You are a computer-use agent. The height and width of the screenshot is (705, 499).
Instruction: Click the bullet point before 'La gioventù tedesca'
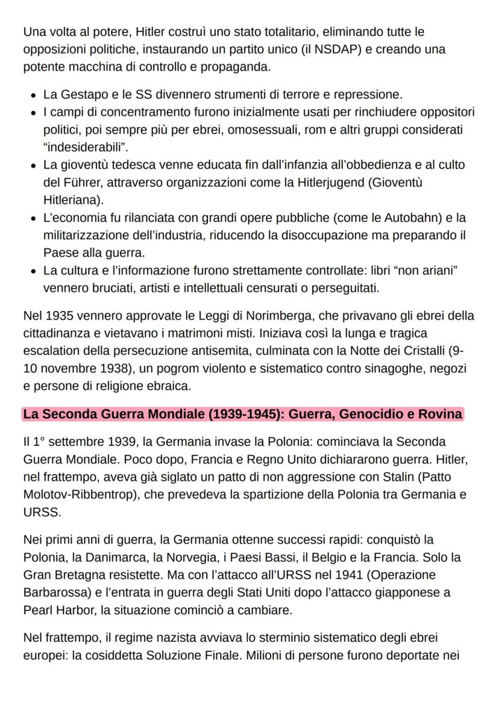click(x=33, y=165)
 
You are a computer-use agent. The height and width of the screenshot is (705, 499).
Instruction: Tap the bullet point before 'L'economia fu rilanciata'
click(x=33, y=218)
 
